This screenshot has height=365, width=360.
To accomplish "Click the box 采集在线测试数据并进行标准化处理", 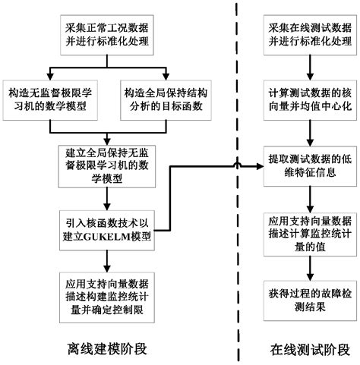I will click(305, 34).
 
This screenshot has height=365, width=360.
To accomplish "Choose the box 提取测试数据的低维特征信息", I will click(305, 165).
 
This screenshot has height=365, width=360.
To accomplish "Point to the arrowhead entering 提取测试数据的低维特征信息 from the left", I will click(258, 165).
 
